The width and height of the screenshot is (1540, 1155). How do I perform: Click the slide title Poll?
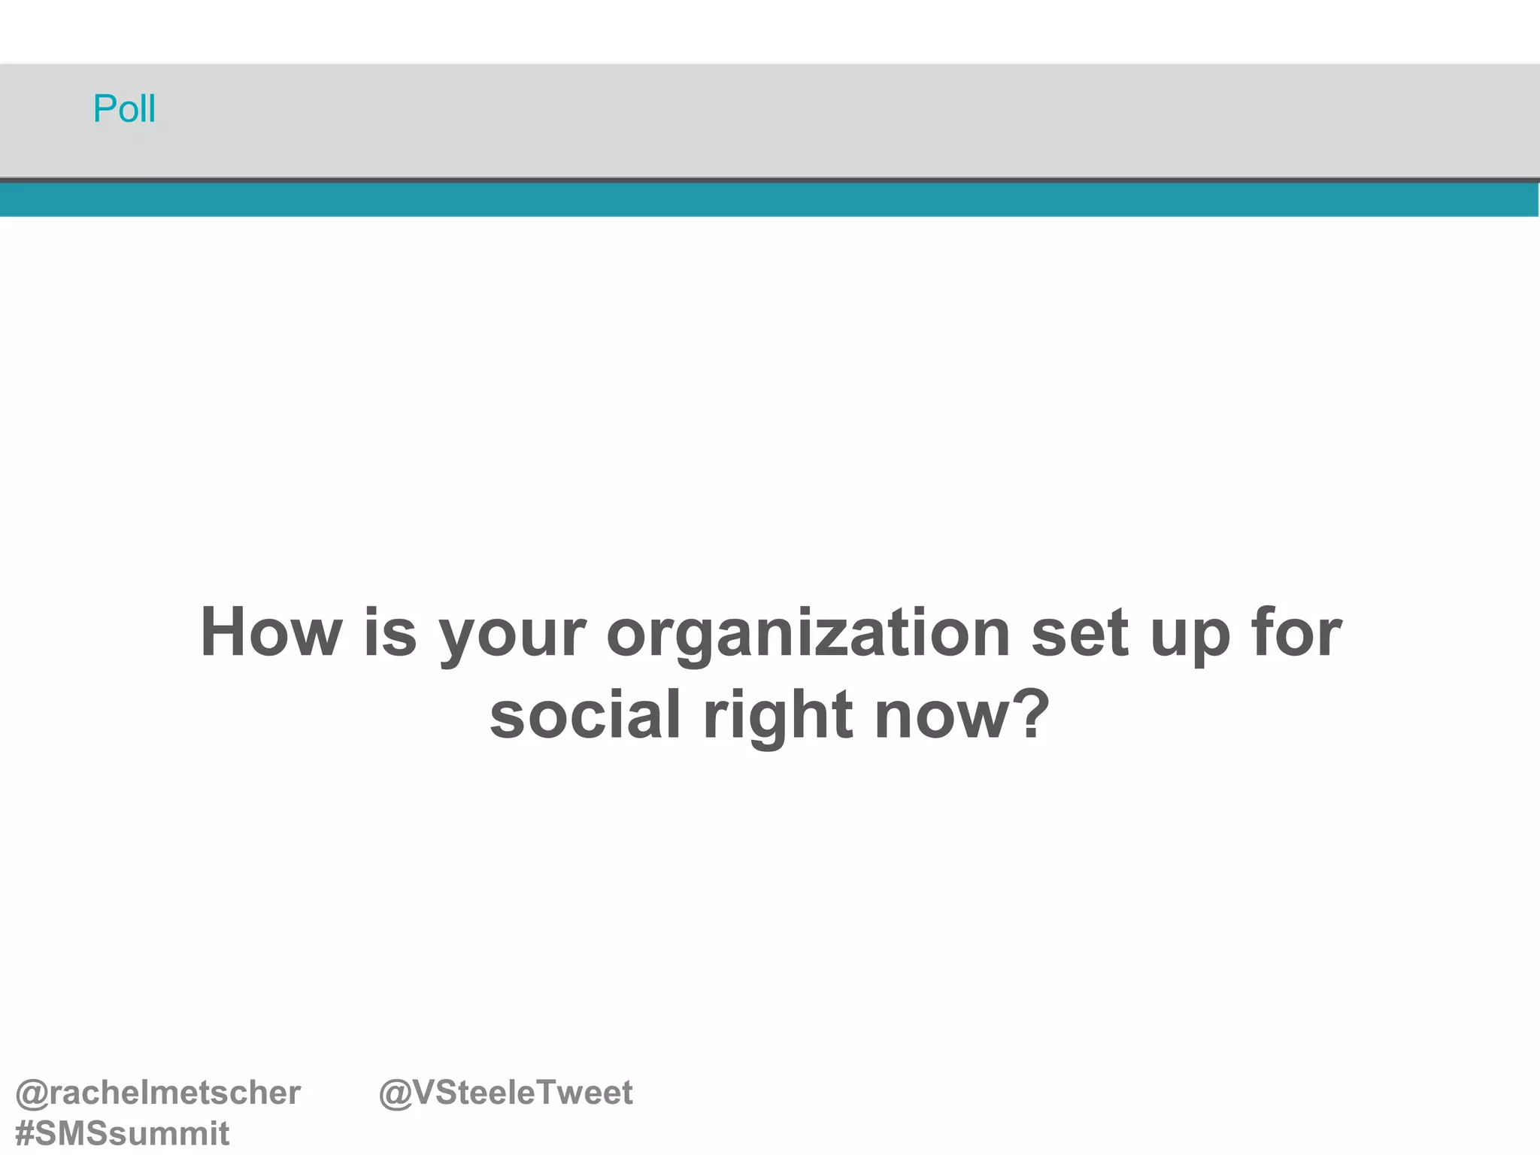pos(124,109)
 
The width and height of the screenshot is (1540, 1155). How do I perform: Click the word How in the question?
pos(271,632)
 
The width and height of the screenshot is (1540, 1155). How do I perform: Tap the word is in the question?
pos(390,632)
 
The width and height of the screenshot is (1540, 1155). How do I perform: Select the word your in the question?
pos(511,635)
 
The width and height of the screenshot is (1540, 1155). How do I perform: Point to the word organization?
pos(808,635)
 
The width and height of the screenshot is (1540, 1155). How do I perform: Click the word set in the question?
pos(1080,632)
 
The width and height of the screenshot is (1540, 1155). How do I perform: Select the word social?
pos(585,714)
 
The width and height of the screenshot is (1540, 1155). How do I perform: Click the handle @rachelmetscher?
pos(158,1093)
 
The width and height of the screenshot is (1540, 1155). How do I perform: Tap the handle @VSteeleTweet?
pos(505,1093)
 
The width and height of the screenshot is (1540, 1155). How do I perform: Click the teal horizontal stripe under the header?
pos(770,200)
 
